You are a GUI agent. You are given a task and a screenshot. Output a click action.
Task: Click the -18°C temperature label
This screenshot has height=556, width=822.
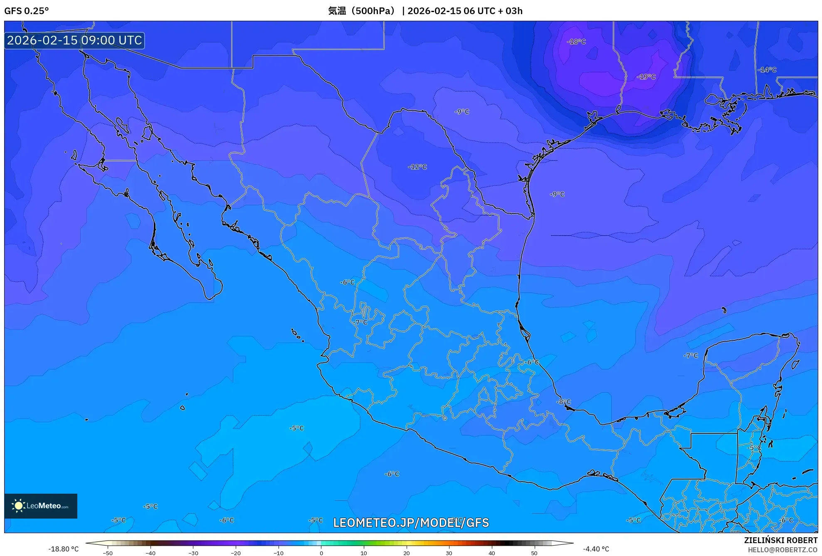coord(576,42)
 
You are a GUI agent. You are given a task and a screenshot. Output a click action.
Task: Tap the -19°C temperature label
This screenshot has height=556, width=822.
coord(646,77)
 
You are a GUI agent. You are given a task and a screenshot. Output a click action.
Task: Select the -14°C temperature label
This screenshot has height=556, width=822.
coord(767,70)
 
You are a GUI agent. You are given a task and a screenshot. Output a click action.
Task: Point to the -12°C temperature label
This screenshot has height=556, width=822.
coord(417,167)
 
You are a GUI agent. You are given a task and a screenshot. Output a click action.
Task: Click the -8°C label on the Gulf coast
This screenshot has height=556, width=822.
coord(564,402)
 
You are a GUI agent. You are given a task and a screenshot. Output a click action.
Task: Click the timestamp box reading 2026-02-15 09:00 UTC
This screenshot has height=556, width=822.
coord(75,40)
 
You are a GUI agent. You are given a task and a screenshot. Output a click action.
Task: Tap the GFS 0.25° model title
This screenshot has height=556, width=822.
coord(27,11)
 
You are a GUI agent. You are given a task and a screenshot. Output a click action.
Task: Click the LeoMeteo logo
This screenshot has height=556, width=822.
coord(41,506)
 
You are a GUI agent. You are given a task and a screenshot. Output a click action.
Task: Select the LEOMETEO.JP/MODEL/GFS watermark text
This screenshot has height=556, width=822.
coord(411,523)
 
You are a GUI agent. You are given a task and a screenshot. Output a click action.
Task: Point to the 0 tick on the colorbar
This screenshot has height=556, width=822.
coord(321,553)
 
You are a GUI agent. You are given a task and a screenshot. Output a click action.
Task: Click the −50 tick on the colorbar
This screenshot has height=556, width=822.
coord(108,553)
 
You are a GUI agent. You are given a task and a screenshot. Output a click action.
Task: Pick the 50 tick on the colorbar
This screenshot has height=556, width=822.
coord(534,553)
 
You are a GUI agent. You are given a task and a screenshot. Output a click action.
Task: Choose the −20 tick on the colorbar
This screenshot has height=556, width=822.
coord(236,553)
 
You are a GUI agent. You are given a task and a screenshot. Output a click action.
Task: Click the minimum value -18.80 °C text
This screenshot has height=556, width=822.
coord(63,549)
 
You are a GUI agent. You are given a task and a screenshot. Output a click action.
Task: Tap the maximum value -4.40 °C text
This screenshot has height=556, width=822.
coord(596,549)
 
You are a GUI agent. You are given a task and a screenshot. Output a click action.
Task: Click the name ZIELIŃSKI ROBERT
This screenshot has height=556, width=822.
coord(780,540)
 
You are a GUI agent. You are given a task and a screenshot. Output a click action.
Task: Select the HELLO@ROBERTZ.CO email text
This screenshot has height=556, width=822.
coord(783,550)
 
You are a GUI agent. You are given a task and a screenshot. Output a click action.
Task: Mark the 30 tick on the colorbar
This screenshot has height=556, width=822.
coord(449,553)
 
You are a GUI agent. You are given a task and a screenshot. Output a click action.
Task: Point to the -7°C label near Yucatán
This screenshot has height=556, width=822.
coord(691,356)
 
